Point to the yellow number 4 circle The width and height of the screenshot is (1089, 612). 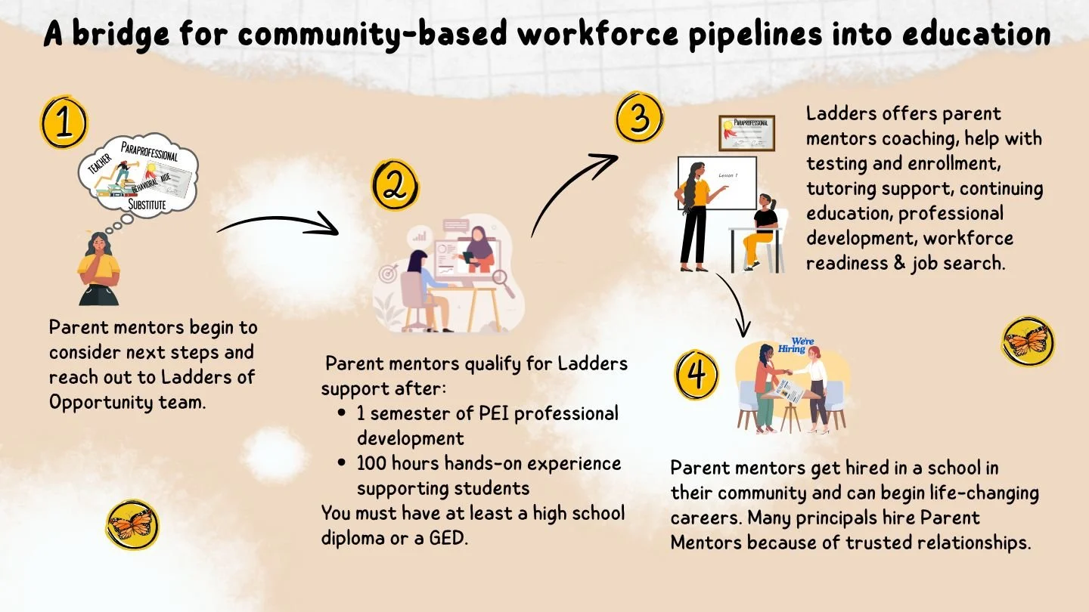click(x=697, y=373)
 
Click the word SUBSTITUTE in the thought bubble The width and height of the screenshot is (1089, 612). click(x=147, y=204)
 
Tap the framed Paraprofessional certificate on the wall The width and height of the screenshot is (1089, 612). click(x=746, y=134)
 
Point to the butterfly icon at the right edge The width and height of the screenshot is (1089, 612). click(x=1028, y=342)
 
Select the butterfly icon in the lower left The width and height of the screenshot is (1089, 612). click(x=132, y=524)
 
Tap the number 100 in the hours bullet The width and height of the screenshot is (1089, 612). click(x=372, y=463)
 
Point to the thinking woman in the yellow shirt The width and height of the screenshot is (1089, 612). click(x=99, y=268)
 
